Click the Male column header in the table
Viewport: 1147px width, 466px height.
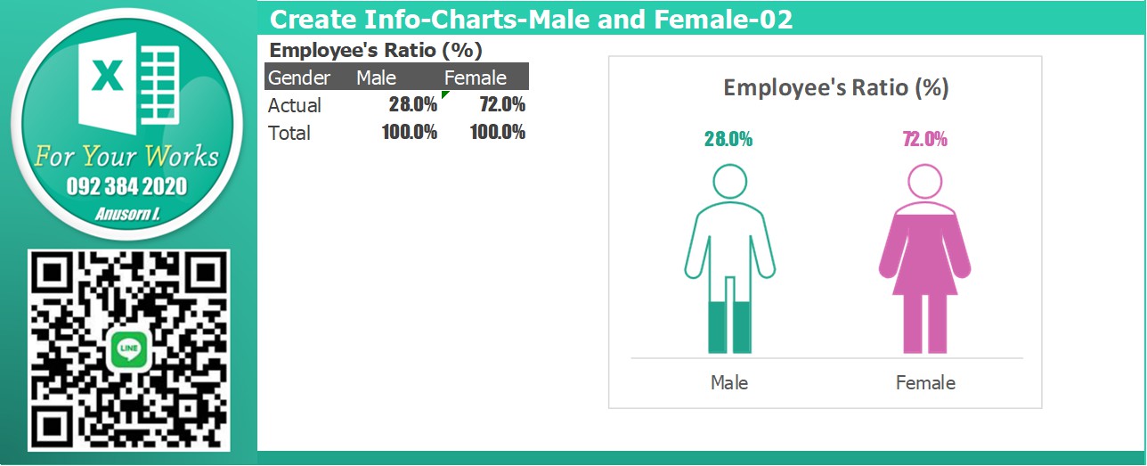pyautogui.click(x=377, y=78)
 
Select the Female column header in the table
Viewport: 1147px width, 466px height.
pyautogui.click(x=476, y=78)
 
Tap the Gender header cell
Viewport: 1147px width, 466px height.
pyautogui.click(x=299, y=78)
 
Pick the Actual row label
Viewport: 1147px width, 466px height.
pyautogui.click(x=295, y=105)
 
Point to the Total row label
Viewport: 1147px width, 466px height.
pyautogui.click(x=289, y=133)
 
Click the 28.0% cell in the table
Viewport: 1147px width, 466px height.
pyautogui.click(x=412, y=104)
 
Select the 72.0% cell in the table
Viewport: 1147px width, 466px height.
pyautogui.click(x=502, y=104)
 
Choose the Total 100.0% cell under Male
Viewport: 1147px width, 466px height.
pyautogui.click(x=410, y=132)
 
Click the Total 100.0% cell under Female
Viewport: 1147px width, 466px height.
pyautogui.click(x=498, y=132)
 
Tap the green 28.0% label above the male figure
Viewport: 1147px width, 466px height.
pyautogui.click(x=728, y=139)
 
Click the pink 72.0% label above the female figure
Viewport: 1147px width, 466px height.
pyautogui.click(x=924, y=139)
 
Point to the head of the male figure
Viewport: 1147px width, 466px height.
pyautogui.click(x=730, y=181)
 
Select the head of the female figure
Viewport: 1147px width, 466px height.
pyautogui.click(x=924, y=181)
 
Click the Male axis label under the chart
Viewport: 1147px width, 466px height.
pyautogui.click(x=729, y=382)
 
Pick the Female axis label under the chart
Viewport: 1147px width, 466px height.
pyautogui.click(x=925, y=382)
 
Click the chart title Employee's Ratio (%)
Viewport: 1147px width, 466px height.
pyautogui.click(x=835, y=87)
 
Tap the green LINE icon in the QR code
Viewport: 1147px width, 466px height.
pyautogui.click(x=128, y=350)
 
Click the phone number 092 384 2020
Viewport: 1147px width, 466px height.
pyautogui.click(x=126, y=186)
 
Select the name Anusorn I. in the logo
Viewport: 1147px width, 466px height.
pyautogui.click(x=127, y=214)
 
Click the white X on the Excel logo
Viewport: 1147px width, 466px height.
pyautogui.click(x=107, y=75)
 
